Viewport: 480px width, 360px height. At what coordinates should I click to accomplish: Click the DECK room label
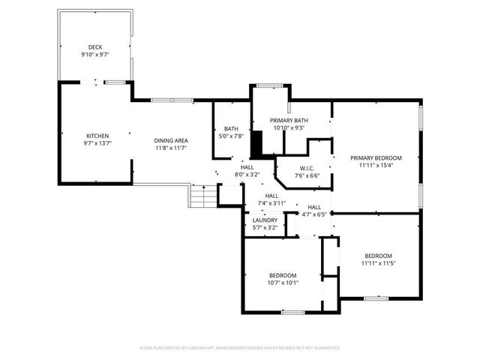pyautogui.click(x=94, y=47)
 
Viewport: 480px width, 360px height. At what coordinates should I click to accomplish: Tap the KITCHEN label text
pyautogui.click(x=97, y=136)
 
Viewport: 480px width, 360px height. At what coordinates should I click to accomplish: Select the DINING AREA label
pyautogui.click(x=171, y=141)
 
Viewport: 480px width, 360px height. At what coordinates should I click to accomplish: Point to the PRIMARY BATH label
pyautogui.click(x=289, y=120)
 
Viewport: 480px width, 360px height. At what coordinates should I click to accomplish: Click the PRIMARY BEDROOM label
pyautogui.click(x=376, y=157)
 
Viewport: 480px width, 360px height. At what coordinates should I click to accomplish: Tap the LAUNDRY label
pyautogui.click(x=264, y=220)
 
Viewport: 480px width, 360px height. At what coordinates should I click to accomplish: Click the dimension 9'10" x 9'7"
pyautogui.click(x=94, y=55)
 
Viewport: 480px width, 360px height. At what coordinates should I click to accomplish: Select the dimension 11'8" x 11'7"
pyautogui.click(x=171, y=148)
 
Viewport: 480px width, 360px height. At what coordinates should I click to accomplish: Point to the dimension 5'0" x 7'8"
pyautogui.click(x=231, y=136)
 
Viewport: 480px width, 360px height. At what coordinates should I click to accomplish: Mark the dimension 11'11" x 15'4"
pyautogui.click(x=376, y=165)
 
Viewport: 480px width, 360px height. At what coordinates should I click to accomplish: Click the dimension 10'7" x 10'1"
pyautogui.click(x=283, y=283)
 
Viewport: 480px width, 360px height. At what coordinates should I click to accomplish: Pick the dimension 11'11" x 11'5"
pyautogui.click(x=379, y=262)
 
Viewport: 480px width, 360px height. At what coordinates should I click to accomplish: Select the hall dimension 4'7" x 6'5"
pyautogui.click(x=314, y=214)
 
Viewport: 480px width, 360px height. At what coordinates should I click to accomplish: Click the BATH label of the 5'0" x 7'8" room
pyautogui.click(x=231, y=128)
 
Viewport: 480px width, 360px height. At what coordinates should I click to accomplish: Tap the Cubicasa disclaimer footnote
pyautogui.click(x=240, y=348)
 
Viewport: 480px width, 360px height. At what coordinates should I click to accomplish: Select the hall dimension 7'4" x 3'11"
pyautogui.click(x=268, y=202)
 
